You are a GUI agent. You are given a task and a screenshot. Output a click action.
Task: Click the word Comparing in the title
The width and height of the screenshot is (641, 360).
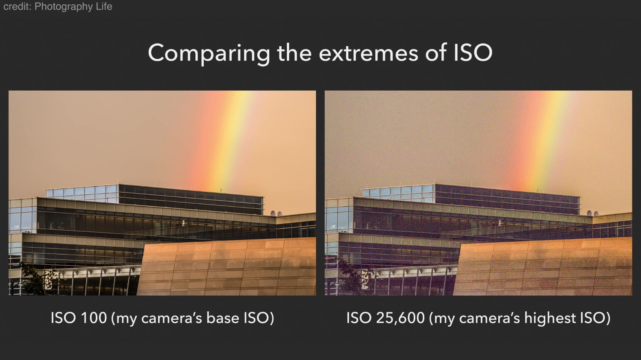click(209, 53)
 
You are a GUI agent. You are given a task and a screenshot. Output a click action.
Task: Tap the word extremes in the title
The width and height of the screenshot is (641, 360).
click(368, 53)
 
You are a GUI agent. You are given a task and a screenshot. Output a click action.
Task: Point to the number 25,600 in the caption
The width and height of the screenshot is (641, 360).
click(400, 318)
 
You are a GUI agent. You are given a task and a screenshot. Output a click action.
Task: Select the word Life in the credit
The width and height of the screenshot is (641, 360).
click(104, 6)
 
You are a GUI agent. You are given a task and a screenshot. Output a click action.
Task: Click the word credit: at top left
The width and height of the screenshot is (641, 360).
click(18, 6)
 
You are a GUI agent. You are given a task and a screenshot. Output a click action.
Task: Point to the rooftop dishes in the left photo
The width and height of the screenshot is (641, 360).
click(276, 214)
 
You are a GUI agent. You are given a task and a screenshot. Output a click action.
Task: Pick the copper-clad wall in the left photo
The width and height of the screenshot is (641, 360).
click(226, 266)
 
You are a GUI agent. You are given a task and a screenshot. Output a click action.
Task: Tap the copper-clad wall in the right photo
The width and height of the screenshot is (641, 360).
click(543, 266)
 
